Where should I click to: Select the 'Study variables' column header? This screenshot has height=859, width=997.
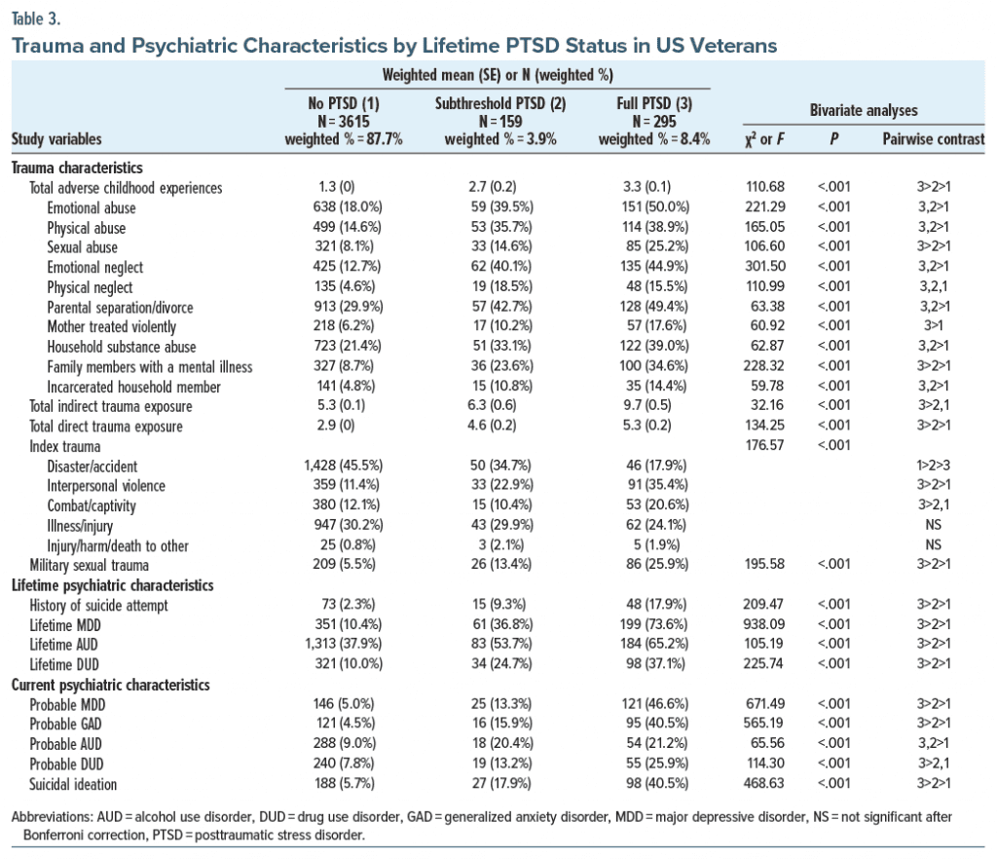tap(56, 139)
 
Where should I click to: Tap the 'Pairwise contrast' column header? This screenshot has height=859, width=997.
tap(933, 139)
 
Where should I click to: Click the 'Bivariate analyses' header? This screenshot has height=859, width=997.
tap(863, 111)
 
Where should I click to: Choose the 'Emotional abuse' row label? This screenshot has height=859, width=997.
tap(92, 207)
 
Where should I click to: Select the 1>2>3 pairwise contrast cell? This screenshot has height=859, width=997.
tap(933, 466)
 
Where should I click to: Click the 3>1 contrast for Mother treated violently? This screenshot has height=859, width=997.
tap(933, 326)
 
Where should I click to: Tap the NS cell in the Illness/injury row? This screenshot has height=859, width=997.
tap(933, 525)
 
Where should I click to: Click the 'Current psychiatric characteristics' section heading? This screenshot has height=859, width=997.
tap(110, 684)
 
